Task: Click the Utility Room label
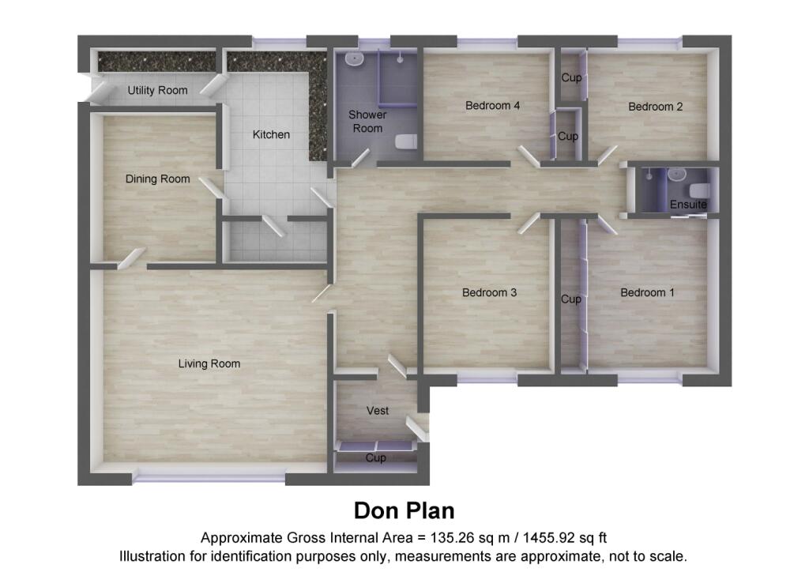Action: [x=158, y=90]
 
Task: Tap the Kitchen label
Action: [x=271, y=134]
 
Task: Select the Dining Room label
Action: [x=158, y=179]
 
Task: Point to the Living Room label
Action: [x=209, y=363]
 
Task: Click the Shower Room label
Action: [x=367, y=122]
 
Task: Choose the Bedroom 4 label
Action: [x=492, y=105]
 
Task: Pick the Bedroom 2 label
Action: [x=655, y=107]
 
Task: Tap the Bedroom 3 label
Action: [x=489, y=292]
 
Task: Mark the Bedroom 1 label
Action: [x=647, y=292]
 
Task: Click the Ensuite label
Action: [x=688, y=205]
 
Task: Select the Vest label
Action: [x=377, y=411]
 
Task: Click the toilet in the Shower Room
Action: [x=406, y=142]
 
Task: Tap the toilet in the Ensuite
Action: [x=698, y=190]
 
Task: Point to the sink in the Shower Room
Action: [x=355, y=60]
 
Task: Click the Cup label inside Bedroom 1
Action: [x=571, y=299]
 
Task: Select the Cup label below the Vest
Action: [x=376, y=458]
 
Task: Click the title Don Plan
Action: [x=404, y=510]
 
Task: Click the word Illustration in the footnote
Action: [x=150, y=555]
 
